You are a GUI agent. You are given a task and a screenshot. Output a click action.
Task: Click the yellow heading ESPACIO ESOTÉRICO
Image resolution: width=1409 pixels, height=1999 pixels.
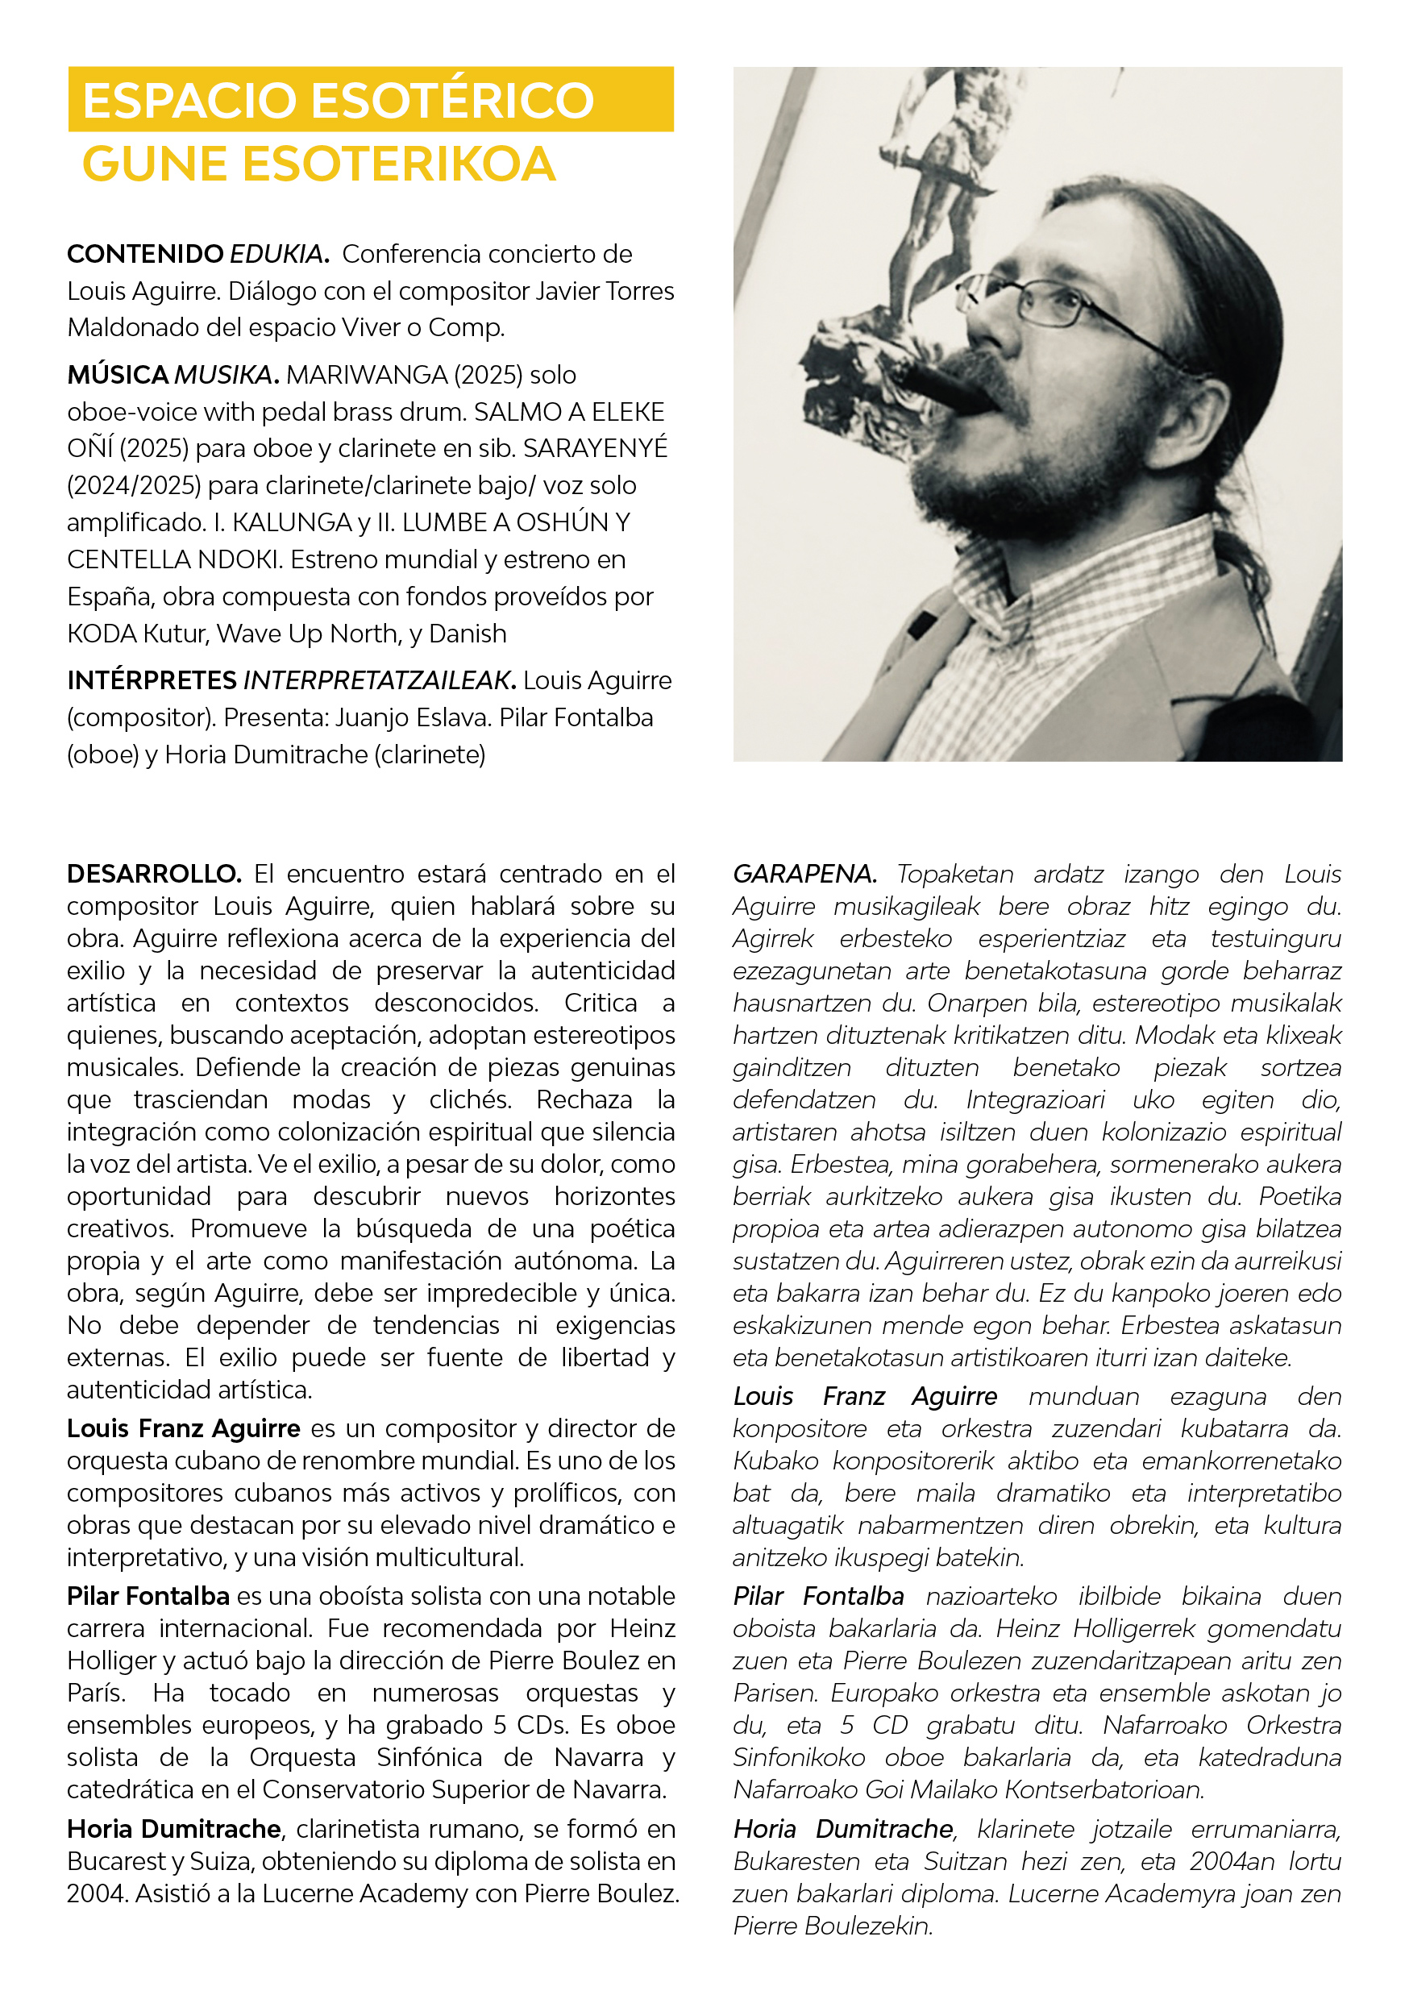coord(338,100)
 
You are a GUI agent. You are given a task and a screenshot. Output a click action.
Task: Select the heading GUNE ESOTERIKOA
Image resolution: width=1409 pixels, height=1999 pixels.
coord(318,164)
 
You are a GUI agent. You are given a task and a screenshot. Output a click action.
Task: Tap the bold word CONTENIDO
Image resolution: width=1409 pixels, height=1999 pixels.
coord(145,254)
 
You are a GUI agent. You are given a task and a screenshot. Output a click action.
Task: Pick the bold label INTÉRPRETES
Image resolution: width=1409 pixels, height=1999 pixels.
coord(152,681)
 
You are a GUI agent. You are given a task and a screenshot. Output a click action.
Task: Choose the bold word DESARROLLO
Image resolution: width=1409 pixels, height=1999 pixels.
coord(154,874)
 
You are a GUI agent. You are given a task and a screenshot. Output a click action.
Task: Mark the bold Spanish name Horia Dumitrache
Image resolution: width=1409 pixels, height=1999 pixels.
coord(174,1829)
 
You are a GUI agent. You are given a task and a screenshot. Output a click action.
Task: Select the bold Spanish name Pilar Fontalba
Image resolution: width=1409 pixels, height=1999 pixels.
coord(148,1597)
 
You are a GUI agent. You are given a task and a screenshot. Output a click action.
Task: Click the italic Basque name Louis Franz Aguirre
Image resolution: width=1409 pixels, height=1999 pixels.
coord(865,1397)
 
